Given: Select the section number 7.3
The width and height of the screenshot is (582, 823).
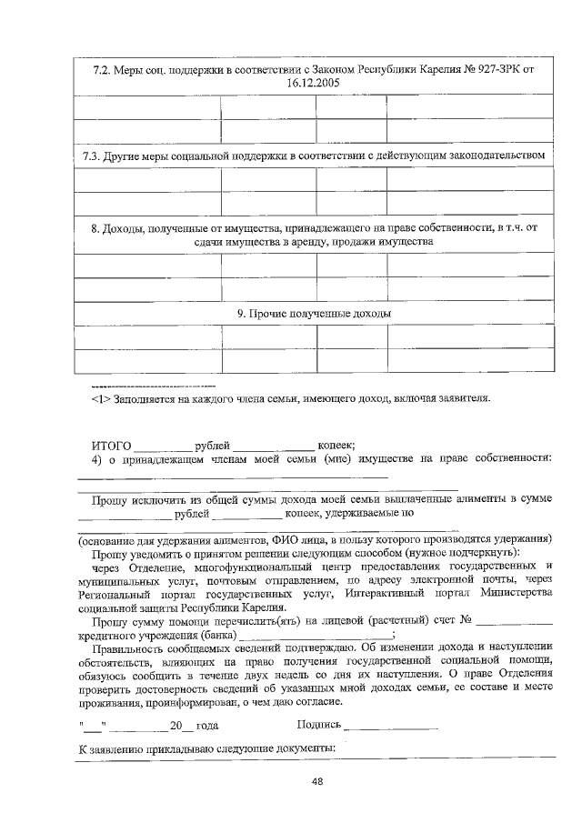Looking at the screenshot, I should (90, 156).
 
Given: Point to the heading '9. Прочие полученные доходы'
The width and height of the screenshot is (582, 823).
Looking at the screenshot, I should (315, 314).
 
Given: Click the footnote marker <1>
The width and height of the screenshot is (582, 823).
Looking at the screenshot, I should (101, 398).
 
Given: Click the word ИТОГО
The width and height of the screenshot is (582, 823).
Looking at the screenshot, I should (112, 446).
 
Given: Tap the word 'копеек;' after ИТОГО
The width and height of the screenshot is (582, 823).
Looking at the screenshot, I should (336, 446).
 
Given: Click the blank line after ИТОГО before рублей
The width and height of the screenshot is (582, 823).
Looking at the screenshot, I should (163, 447).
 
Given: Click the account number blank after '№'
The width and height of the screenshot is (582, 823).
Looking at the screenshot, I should (515, 623).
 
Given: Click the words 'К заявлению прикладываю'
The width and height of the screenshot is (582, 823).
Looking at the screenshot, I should (143, 748).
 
